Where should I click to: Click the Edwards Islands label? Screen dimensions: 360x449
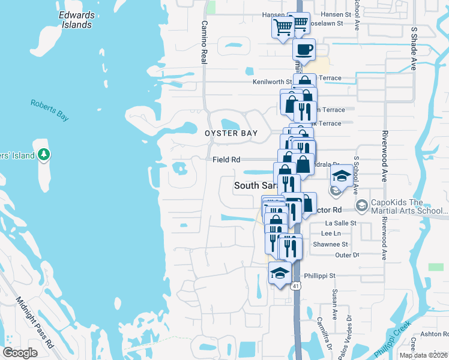pyautogui.click(x=76, y=20)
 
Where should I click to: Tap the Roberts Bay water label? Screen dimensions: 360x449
pyautogui.click(x=50, y=110)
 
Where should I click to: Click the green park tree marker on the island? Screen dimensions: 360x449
pyautogui.click(x=43, y=155)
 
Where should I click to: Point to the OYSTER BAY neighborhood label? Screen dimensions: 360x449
pyautogui.click(x=231, y=133)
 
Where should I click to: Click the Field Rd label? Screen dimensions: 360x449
pyautogui.click(x=226, y=160)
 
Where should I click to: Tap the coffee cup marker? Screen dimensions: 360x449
pyautogui.click(x=304, y=50)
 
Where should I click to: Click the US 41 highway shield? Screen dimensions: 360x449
pyautogui.click(x=296, y=286)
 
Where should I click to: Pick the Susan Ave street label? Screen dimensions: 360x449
pyautogui.click(x=334, y=306)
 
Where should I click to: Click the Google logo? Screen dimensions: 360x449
pyautogui.click(x=20, y=353)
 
